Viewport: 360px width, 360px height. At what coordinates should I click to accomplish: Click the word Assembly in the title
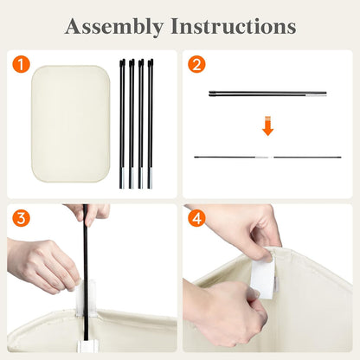click(114, 27)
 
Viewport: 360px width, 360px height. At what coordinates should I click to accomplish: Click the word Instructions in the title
click(234, 26)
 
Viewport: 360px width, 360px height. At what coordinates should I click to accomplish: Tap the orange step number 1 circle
click(21, 64)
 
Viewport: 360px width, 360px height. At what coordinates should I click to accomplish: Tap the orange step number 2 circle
click(196, 64)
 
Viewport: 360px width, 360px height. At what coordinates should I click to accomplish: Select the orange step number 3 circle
click(21, 218)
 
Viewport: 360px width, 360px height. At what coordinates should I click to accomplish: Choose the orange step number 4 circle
click(196, 218)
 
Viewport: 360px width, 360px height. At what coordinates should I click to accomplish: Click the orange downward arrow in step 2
click(267, 126)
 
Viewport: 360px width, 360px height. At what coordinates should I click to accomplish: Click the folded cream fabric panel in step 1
click(70, 124)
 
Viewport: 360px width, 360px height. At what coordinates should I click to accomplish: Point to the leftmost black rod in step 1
click(122, 124)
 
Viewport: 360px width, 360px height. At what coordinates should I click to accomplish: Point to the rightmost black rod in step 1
click(151, 124)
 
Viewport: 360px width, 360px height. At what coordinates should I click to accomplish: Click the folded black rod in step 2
click(267, 93)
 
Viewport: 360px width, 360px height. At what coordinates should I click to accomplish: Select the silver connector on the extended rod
click(262, 157)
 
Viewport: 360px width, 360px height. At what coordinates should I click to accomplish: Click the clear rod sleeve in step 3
click(86, 298)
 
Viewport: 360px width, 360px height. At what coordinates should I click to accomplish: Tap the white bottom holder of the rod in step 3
click(88, 346)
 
